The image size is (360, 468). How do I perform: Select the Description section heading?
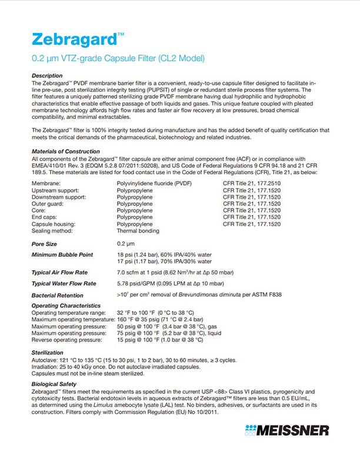(x=47, y=76)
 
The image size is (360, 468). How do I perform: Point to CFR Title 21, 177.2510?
(x=251, y=184)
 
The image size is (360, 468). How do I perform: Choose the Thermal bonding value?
(x=139, y=231)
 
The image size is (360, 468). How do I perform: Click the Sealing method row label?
(x=53, y=231)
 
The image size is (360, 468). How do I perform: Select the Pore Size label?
(x=44, y=243)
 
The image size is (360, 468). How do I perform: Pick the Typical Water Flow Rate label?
(x=65, y=283)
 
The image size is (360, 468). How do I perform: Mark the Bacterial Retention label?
(x=57, y=295)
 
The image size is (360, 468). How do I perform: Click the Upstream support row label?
(x=55, y=191)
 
